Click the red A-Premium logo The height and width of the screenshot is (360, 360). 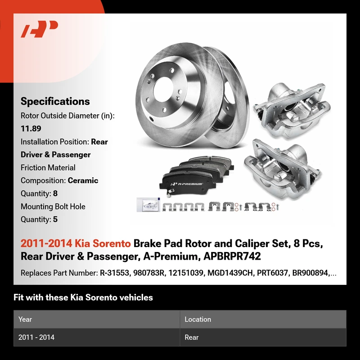tap(39, 29)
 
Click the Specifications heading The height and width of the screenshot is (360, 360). tap(55, 101)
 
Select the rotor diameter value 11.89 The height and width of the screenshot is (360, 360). tap(31, 129)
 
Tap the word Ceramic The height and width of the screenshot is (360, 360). tap(83, 180)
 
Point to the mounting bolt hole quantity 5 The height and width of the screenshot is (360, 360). tap(55, 219)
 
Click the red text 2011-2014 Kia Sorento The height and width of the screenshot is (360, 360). tap(76, 243)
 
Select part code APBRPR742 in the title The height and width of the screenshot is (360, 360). tap(232, 256)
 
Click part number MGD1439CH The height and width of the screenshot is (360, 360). tap(230, 273)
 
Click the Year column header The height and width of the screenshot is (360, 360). tap(25, 319)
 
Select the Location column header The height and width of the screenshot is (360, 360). tap(198, 319)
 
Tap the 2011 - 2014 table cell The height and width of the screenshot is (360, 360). tap(36, 337)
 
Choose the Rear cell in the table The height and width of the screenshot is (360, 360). tap(192, 337)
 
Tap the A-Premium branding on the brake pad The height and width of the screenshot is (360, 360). tap(187, 184)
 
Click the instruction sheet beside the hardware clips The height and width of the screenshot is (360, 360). tap(148, 205)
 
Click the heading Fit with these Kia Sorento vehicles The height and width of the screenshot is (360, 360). tap(83, 297)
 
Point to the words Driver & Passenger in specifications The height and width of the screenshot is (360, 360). tap(55, 154)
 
